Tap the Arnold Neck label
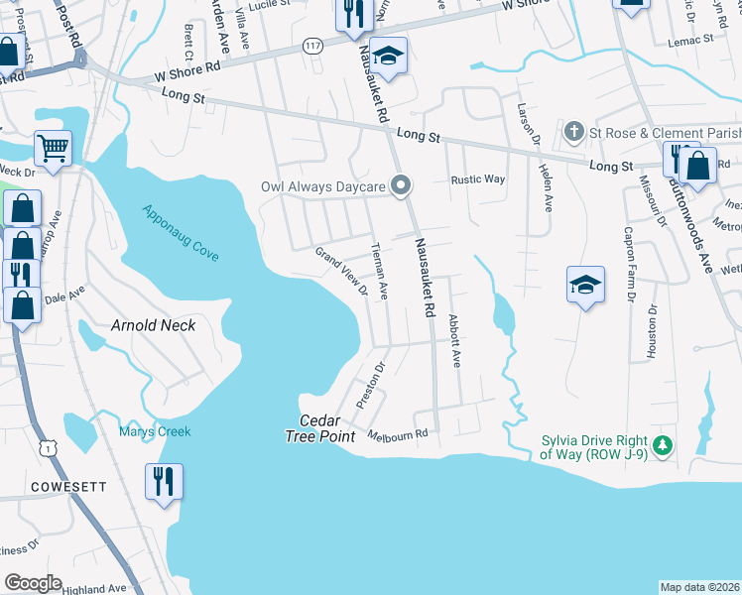[x=153, y=325]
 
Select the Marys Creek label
[x=155, y=431]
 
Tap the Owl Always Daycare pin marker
[x=401, y=185]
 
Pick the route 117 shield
[x=314, y=47]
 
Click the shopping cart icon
[x=54, y=149]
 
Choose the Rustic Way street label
[x=478, y=180]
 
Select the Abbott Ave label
[x=454, y=342]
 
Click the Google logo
[x=33, y=583]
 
